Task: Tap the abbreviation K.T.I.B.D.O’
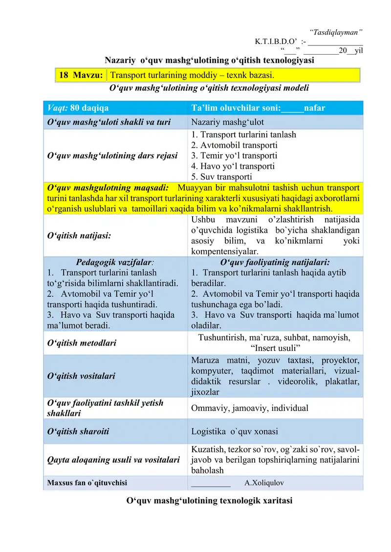click(270, 41)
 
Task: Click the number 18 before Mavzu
click(64, 75)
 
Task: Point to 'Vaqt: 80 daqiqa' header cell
click(78, 108)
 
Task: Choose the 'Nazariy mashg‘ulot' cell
click(227, 122)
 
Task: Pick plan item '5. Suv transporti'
click(222, 177)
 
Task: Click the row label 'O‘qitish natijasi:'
click(78, 235)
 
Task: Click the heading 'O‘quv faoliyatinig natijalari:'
click(275, 262)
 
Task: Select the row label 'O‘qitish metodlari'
click(81, 343)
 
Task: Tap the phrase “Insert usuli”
click(275, 348)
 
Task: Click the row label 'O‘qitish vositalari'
click(81, 376)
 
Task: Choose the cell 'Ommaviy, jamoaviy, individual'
click(250, 408)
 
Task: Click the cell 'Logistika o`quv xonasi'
click(235, 431)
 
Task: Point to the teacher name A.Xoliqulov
click(264, 483)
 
